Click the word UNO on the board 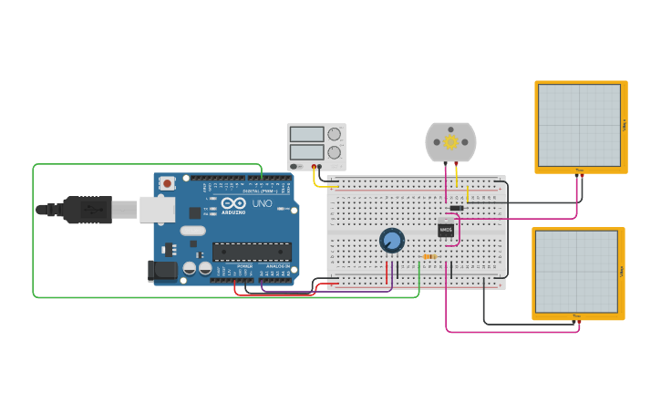[262, 202]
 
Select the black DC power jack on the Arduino [161, 271]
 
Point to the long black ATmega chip [252, 252]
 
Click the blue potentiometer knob [391, 240]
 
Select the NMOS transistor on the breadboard [446, 231]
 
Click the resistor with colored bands [429, 257]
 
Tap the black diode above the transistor [457, 208]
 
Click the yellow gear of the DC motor [450, 142]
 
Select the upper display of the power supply [306, 134]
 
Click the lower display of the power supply [306, 151]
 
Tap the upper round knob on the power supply [335, 134]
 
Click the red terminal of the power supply [314, 167]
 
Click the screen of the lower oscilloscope [576, 271]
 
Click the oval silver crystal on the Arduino [193, 231]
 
